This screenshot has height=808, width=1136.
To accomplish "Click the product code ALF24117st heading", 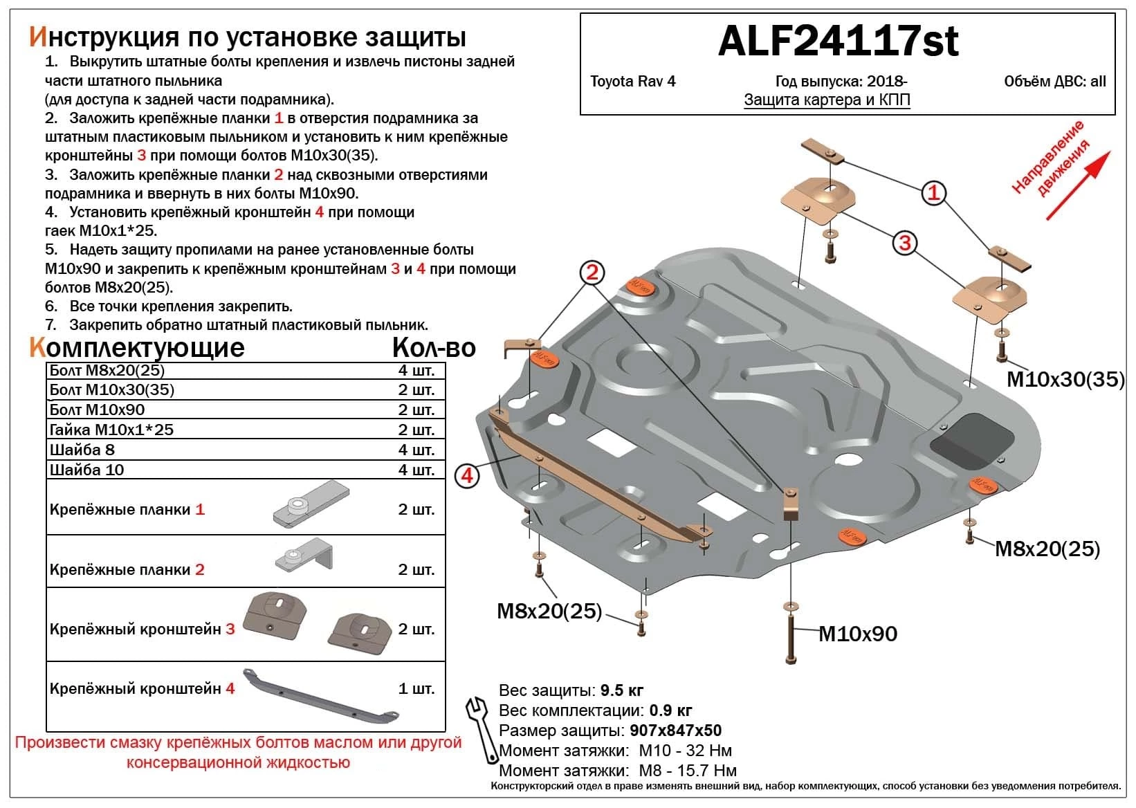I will click(838, 42).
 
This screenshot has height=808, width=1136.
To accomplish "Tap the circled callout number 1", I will click(933, 192).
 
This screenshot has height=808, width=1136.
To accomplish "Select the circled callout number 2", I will click(592, 272).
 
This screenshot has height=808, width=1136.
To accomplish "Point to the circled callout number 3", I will click(904, 242).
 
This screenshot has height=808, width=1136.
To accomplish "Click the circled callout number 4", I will click(467, 476).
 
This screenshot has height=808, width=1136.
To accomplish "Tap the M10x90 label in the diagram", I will click(857, 634).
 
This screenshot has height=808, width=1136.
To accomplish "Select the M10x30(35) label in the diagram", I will click(1065, 379).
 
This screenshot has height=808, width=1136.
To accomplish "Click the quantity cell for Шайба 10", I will click(416, 470).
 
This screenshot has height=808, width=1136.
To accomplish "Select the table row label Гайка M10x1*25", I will click(111, 430).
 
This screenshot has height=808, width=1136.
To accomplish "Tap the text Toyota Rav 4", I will click(632, 82).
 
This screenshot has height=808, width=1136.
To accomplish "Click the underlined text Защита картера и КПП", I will click(827, 100).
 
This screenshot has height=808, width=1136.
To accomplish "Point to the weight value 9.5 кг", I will click(621, 690).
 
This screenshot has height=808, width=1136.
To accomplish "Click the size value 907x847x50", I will click(675, 731).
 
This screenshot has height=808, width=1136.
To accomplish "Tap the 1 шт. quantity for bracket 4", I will click(416, 688).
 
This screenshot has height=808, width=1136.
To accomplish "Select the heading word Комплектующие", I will click(136, 347).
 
